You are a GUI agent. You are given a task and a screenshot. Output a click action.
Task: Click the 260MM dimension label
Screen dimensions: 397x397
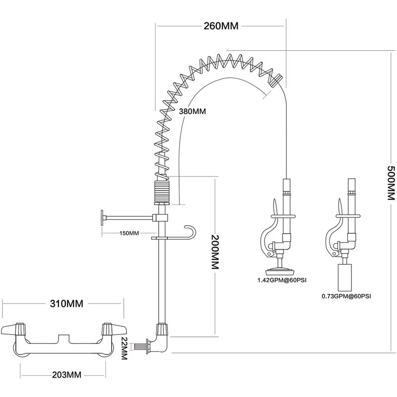221,26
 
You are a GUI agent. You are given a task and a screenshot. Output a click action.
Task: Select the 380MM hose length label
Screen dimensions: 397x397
193,111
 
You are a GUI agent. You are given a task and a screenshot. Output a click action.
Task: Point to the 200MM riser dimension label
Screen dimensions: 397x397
215,252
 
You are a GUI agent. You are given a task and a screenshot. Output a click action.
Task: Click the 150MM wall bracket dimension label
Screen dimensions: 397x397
129,233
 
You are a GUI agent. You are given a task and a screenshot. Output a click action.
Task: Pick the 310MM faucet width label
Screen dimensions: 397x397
66,303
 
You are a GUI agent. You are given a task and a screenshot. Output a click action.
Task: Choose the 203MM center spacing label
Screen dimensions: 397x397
67,375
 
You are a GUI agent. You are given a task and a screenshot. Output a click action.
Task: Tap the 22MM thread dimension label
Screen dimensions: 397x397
124,348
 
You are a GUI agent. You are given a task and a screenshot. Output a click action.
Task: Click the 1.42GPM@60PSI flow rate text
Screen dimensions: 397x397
282,280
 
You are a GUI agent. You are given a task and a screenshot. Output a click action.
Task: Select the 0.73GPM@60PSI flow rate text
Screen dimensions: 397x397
346,296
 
